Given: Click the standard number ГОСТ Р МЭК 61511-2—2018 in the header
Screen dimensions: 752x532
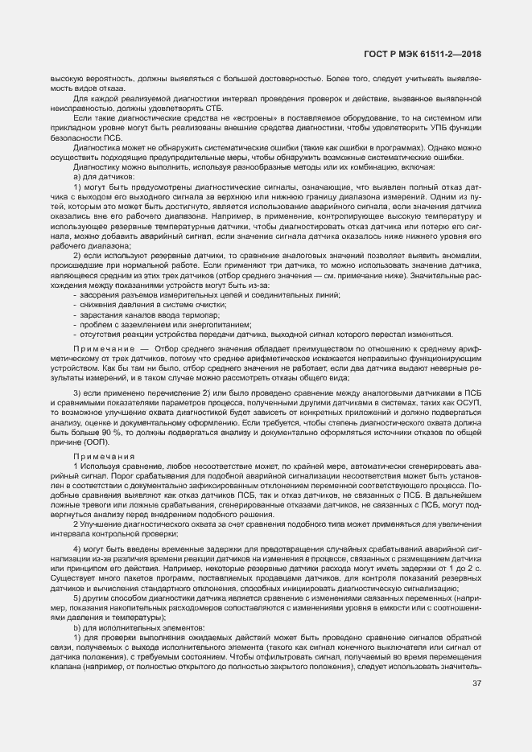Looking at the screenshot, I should pos(434,53).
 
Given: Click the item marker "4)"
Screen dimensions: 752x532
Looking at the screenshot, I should pos(77,548).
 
